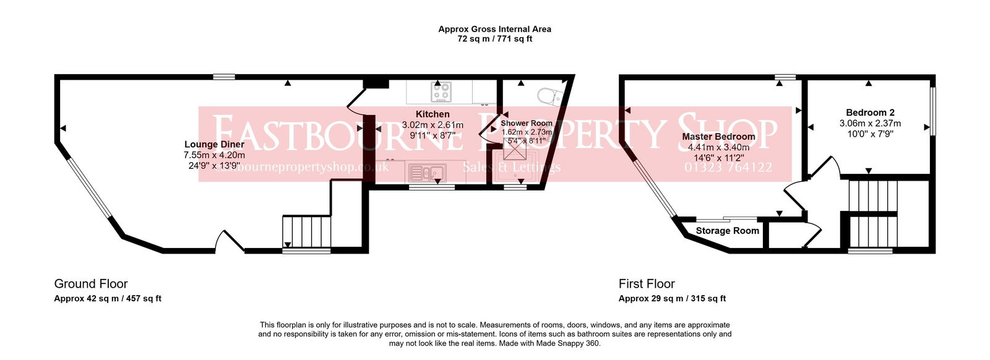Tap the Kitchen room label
[x=433, y=114]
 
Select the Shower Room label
[x=526, y=123]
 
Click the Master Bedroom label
[x=718, y=137]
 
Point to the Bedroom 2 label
[x=870, y=113]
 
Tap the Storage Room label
[x=727, y=231]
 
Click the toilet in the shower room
[x=548, y=96]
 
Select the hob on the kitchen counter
[x=441, y=93]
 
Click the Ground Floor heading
[x=91, y=284]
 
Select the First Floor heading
[x=647, y=284]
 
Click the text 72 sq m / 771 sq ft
[x=494, y=39]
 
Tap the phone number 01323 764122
[x=728, y=167]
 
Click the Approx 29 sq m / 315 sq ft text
[x=672, y=299]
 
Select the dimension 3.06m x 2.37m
[x=870, y=123]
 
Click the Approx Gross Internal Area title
[x=494, y=29]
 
